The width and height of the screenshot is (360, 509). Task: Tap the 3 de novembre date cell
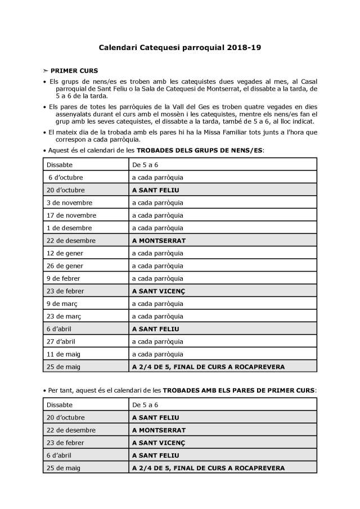(x=69, y=202)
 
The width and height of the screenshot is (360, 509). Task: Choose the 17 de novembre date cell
(x=71, y=215)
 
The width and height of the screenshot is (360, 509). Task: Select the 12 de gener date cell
(x=64, y=253)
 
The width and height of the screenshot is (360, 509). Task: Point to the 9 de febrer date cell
(x=63, y=278)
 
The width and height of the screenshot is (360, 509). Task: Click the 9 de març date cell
(x=61, y=304)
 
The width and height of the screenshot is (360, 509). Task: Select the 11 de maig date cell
(x=62, y=354)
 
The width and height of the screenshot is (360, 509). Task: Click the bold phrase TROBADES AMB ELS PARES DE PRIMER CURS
(x=239, y=389)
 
